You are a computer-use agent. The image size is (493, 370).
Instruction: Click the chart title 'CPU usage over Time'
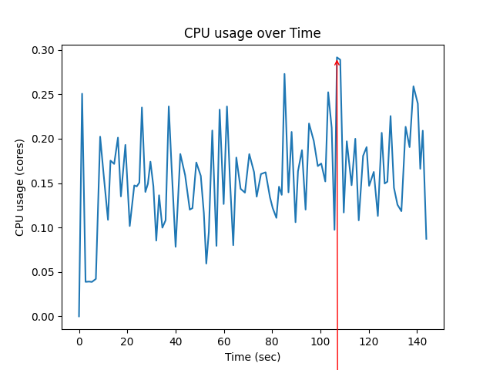pyautogui.click(x=252, y=33)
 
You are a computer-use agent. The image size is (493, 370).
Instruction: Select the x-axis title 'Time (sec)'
pyautogui.click(x=252, y=357)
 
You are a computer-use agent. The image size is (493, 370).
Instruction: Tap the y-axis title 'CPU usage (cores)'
pyautogui.click(x=19, y=187)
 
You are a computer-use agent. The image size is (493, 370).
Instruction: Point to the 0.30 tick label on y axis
pyautogui.click(x=44, y=50)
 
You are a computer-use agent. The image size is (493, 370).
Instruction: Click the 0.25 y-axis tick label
pyautogui.click(x=44, y=95)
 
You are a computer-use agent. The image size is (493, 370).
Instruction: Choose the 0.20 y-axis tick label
pyautogui.click(x=44, y=139)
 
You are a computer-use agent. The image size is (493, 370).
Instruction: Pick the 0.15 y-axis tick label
pyautogui.click(x=44, y=183)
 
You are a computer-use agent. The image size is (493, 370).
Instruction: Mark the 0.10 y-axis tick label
pyautogui.click(x=44, y=228)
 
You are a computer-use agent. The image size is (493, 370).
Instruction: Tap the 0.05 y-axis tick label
pyautogui.click(x=44, y=272)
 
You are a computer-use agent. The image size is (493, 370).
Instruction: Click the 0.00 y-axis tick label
pyautogui.click(x=44, y=317)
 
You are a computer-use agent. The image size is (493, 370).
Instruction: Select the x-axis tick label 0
pyautogui.click(x=79, y=341)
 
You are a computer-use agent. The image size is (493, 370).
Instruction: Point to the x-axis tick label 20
pyautogui.click(x=127, y=341)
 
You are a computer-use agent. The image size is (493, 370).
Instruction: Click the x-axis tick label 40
pyautogui.click(x=176, y=341)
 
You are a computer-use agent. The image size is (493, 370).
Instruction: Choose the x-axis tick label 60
pyautogui.click(x=224, y=341)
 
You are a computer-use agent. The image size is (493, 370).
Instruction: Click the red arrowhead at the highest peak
pyautogui.click(x=337, y=62)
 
